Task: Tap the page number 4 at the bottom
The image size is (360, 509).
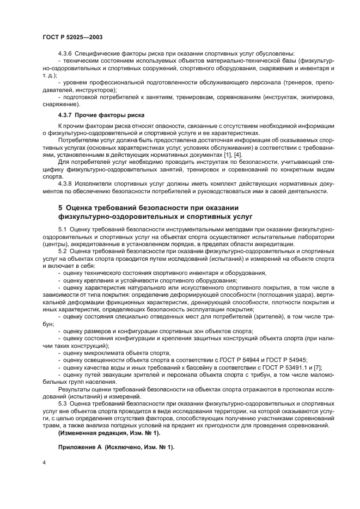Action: coord(43,463)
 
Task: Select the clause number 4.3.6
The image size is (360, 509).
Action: coord(65,53)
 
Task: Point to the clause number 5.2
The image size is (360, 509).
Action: coord(62,252)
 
